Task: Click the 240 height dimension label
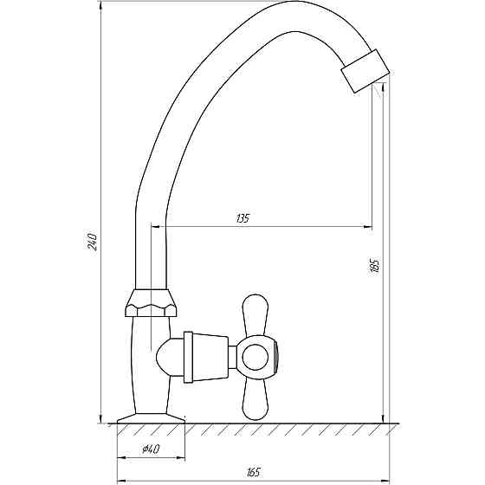[x=92, y=242]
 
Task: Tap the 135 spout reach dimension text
[x=242, y=219]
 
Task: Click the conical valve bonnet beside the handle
[x=207, y=355]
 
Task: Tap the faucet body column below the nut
[x=143, y=364]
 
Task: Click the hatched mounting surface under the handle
[x=286, y=429]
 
